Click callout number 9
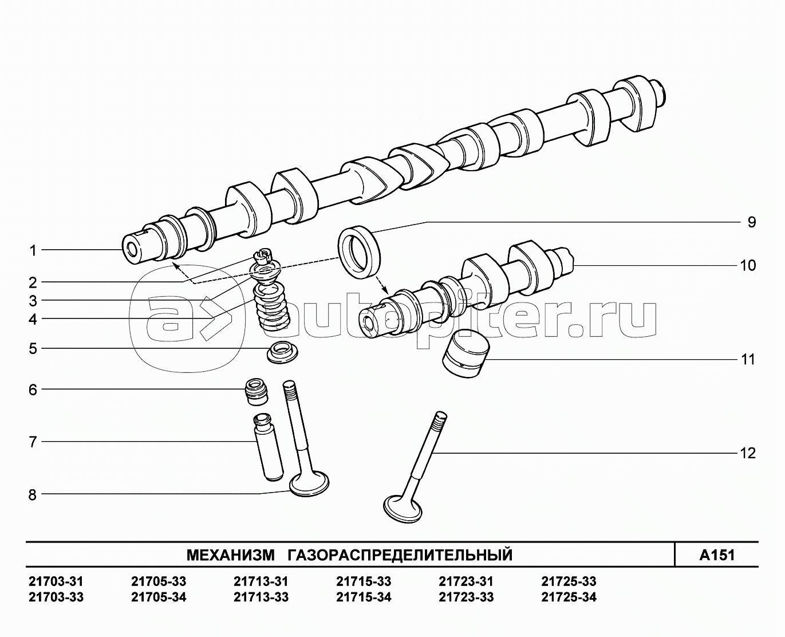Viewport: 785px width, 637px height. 751,222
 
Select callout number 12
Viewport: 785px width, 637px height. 748,453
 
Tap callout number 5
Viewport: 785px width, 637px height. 33,348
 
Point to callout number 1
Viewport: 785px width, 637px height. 33,251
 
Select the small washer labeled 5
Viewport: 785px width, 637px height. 282,353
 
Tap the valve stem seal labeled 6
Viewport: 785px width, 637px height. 257,391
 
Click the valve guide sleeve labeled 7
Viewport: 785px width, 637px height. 268,447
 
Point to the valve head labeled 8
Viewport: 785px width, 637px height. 309,485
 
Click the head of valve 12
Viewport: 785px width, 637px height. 403,509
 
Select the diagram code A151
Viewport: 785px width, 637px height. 717,555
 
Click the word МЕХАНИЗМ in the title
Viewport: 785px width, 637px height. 231,555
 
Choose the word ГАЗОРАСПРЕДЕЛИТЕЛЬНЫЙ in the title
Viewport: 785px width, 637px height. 400,555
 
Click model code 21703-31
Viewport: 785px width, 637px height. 56,581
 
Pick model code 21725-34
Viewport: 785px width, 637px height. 569,597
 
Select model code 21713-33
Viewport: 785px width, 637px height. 261,597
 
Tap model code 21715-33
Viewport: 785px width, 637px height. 364,581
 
